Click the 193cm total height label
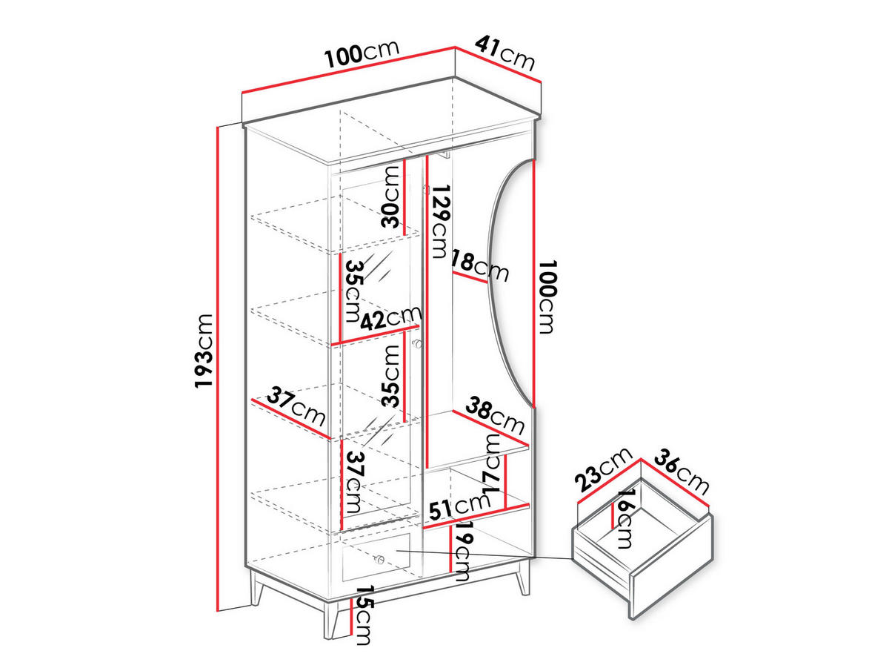[x=204, y=351]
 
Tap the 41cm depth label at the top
[x=505, y=53]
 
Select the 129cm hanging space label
[x=441, y=221]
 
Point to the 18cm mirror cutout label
[x=479, y=266]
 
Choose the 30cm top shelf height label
[x=390, y=196]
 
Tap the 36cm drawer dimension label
[x=682, y=472]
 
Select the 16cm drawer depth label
[x=624, y=519]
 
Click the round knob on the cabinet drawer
[x=380, y=559]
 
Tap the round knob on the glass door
[x=417, y=344]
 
